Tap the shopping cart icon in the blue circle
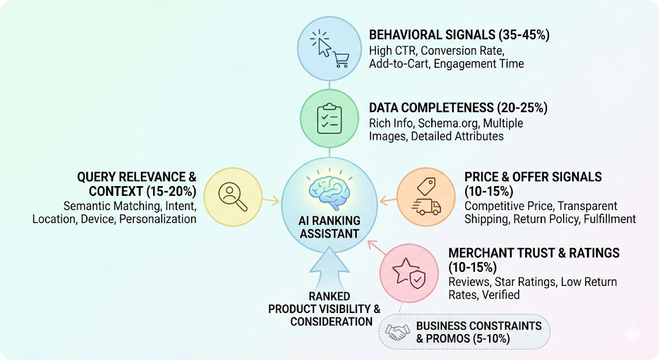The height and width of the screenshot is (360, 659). [x=341, y=59]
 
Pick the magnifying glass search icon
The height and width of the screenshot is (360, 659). [x=233, y=197]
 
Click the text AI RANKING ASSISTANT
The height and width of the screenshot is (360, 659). [x=329, y=227]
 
